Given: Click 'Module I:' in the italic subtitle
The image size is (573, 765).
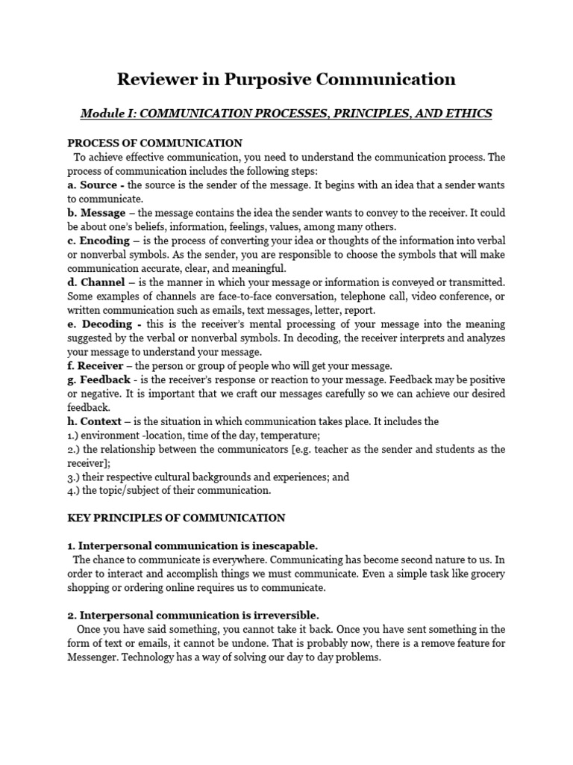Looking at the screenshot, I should (x=107, y=113).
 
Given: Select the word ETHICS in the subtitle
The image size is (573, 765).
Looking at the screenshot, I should (x=469, y=113).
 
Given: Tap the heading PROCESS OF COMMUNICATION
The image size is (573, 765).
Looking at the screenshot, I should (x=155, y=143).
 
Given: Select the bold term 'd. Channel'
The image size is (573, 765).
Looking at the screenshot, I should (x=98, y=282).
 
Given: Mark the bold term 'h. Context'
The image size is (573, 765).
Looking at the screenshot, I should (x=97, y=421).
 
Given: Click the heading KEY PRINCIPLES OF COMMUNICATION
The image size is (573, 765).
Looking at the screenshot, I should (x=176, y=517).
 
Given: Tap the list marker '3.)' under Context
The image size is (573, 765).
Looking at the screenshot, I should (x=74, y=477).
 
